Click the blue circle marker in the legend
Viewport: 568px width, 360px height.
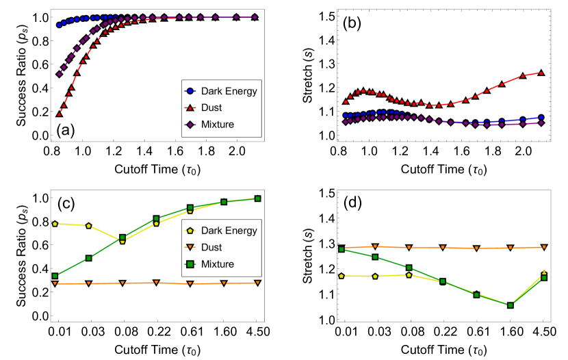point(190,91)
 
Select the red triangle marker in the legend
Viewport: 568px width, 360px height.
point(190,108)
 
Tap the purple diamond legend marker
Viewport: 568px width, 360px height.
point(190,125)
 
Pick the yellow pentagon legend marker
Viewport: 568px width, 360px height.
point(190,231)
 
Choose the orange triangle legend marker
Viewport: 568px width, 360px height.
point(190,247)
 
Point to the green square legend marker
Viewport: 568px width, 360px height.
point(190,264)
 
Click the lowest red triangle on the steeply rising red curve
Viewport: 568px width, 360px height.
point(59,114)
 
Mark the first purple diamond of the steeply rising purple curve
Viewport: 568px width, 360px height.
point(59,75)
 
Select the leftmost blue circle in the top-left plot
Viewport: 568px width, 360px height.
point(59,25)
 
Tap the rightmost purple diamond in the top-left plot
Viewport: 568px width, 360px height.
point(255,17)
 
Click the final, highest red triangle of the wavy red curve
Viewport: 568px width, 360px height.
point(541,73)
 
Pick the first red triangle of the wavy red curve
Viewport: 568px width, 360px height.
point(346,102)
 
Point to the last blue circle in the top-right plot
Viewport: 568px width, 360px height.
point(541,117)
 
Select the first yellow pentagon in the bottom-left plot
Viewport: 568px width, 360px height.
point(55,224)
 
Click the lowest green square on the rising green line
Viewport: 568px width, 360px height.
point(55,276)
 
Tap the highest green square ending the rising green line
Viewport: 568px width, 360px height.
point(257,198)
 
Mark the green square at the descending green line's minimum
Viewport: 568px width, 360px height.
point(511,305)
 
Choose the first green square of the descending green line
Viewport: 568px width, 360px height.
point(341,249)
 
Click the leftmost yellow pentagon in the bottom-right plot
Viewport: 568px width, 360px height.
point(341,276)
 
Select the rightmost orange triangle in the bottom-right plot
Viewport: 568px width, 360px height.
point(544,247)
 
